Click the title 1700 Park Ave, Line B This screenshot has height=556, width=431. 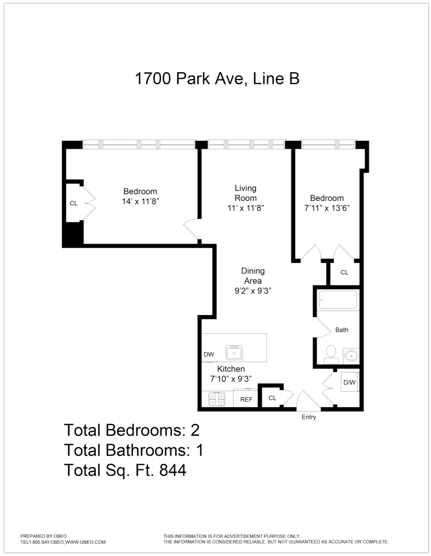[217, 79]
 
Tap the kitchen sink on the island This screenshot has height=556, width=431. [234, 353]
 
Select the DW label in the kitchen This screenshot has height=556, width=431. [209, 354]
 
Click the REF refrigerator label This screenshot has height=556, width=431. [246, 399]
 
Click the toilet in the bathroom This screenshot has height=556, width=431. [331, 353]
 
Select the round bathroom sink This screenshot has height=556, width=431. [351, 356]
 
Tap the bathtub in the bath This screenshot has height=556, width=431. [338, 300]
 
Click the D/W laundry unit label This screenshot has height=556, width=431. [349, 382]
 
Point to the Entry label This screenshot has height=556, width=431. [309, 417]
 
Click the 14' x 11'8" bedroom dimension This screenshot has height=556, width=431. [141, 202]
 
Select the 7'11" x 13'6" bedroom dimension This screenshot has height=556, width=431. [327, 208]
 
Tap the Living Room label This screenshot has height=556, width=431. [246, 193]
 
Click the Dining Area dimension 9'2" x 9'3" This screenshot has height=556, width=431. [253, 291]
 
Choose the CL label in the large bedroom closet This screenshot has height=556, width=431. [74, 203]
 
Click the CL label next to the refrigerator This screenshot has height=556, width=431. [272, 398]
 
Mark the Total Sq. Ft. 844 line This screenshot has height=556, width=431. [125, 470]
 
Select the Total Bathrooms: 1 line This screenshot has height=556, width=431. [133, 450]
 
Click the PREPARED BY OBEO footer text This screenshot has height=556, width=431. [44, 536]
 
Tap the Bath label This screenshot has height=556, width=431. [342, 330]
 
